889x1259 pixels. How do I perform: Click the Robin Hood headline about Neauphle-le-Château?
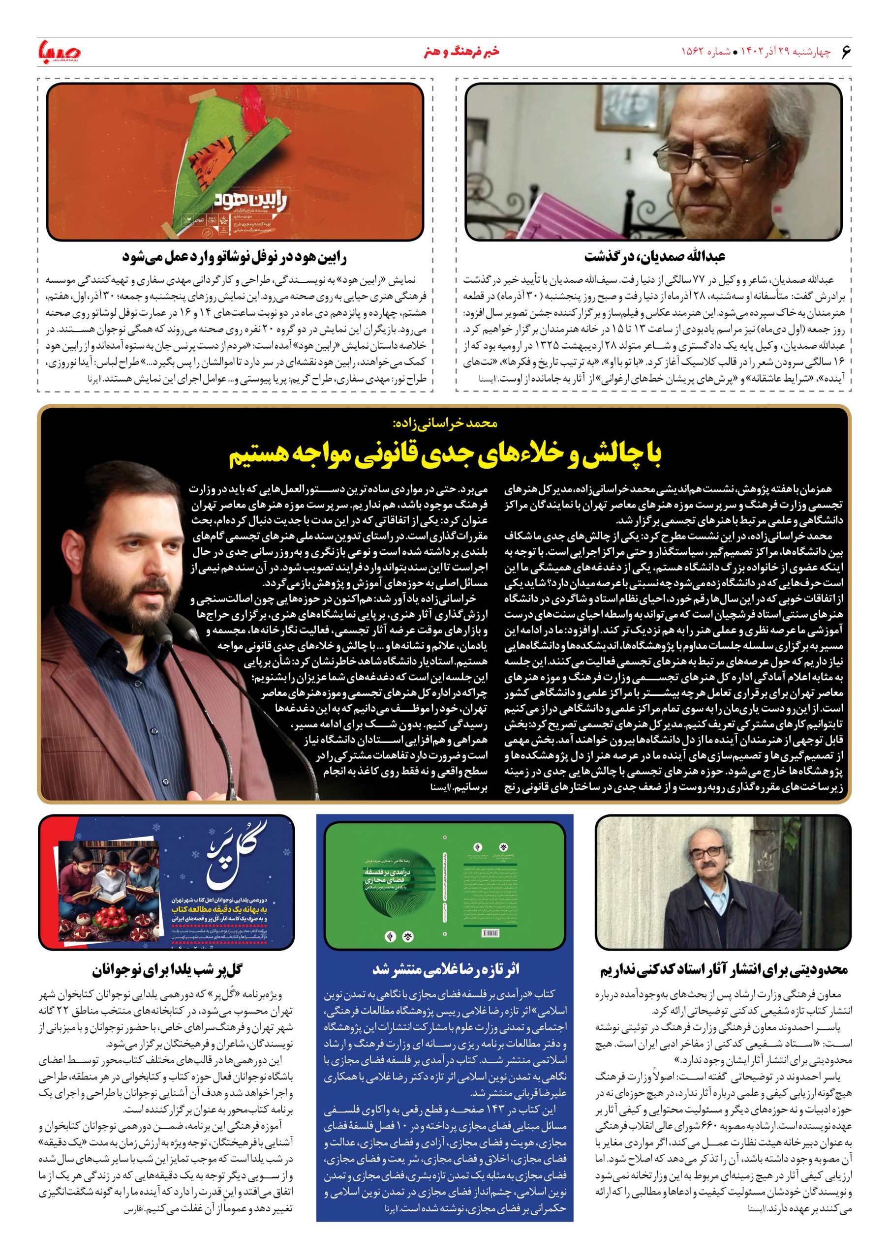click(x=234, y=256)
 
